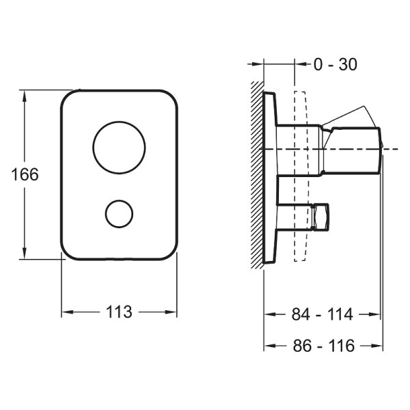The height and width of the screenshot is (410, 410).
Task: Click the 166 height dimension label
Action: tap(25, 174)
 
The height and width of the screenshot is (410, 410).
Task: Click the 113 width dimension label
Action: tap(119, 312)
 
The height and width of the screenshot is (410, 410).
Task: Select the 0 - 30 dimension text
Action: tap(336, 64)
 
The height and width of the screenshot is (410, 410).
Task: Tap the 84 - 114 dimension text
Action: tap(322, 314)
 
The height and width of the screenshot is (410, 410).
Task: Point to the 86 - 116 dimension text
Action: tap(324, 346)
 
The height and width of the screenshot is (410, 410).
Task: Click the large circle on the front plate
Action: tap(119, 122)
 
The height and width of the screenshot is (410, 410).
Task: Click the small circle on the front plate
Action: tap(119, 200)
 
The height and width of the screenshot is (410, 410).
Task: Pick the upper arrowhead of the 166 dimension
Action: tap(25, 96)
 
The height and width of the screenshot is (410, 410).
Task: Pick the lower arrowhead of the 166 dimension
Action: tap(25, 253)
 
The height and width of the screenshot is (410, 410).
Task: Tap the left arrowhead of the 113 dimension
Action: tap(68, 312)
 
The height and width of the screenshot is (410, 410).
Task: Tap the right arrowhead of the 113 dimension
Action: tap(171, 312)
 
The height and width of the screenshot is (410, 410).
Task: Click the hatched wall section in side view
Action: tap(257, 175)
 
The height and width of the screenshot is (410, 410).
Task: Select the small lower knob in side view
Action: tap(320, 217)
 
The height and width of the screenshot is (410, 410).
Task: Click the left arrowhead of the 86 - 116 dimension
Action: tap(271, 346)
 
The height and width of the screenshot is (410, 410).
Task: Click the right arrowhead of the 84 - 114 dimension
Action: tap(373, 314)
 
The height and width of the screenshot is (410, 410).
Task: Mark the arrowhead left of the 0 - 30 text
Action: tap(301, 64)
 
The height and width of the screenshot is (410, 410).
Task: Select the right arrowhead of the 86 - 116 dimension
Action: tap(377, 346)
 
